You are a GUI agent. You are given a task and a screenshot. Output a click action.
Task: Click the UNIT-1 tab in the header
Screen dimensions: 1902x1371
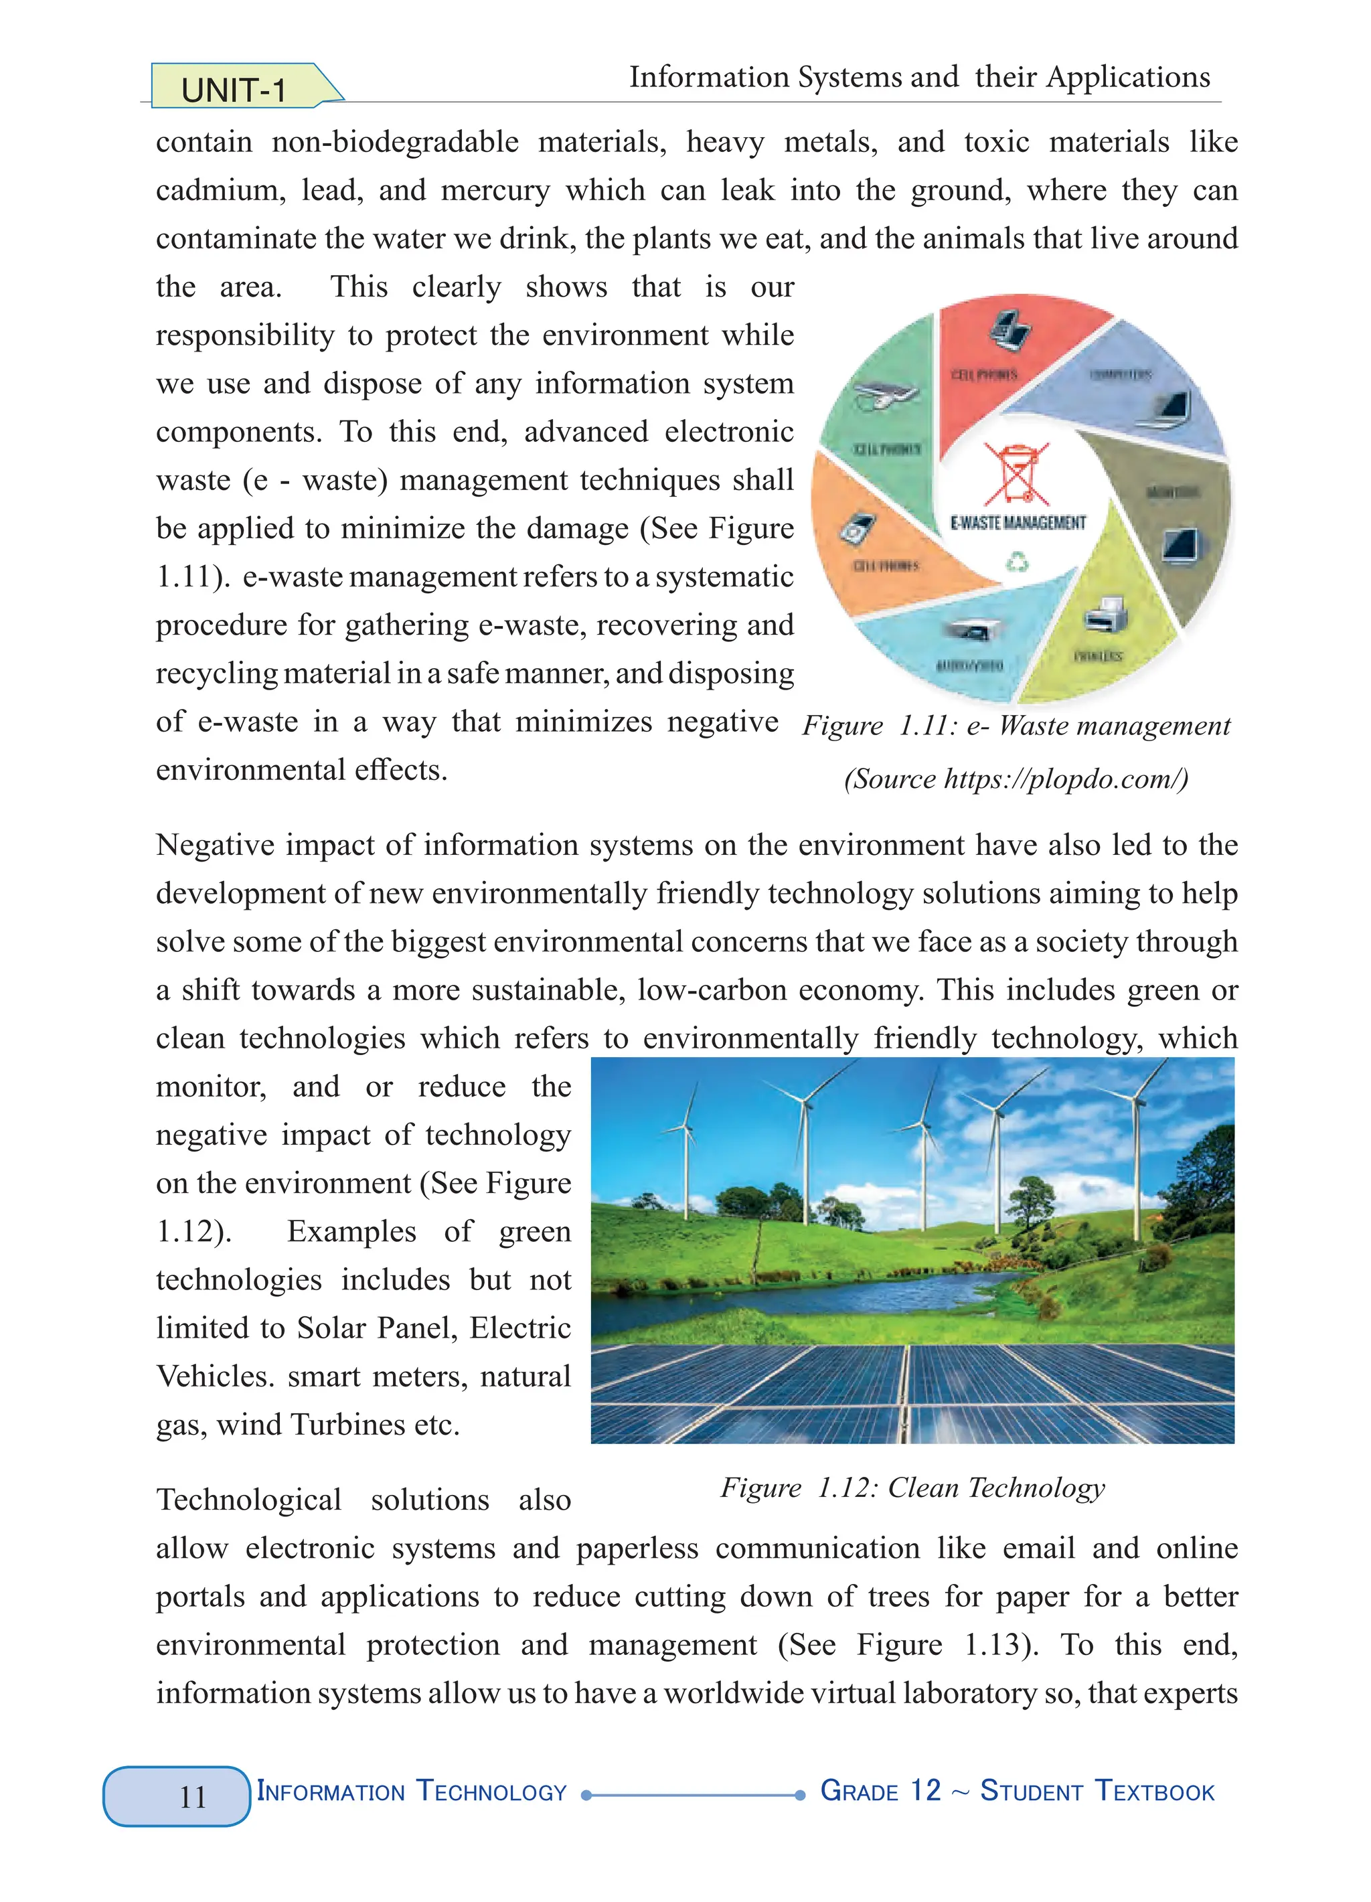tap(234, 89)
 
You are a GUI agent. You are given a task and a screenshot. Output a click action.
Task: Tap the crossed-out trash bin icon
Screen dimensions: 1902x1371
tap(1016, 472)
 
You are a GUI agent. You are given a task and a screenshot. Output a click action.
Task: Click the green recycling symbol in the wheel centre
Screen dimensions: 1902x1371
tap(1017, 561)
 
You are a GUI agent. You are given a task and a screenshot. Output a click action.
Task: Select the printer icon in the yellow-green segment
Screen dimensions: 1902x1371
tap(1106, 617)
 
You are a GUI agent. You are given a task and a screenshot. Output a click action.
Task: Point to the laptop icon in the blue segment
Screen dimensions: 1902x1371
tap(1170, 408)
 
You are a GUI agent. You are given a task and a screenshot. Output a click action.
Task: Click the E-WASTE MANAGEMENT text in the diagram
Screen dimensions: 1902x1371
tap(1017, 522)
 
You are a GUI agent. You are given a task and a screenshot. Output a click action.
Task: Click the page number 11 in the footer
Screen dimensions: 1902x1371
tap(192, 1796)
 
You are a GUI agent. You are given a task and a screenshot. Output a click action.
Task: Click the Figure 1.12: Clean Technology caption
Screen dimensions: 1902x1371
tap(912, 1488)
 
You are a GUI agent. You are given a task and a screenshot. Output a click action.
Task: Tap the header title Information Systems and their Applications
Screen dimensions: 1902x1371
tap(919, 77)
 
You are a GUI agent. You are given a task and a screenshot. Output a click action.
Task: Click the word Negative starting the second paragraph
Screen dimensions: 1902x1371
tap(215, 844)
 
